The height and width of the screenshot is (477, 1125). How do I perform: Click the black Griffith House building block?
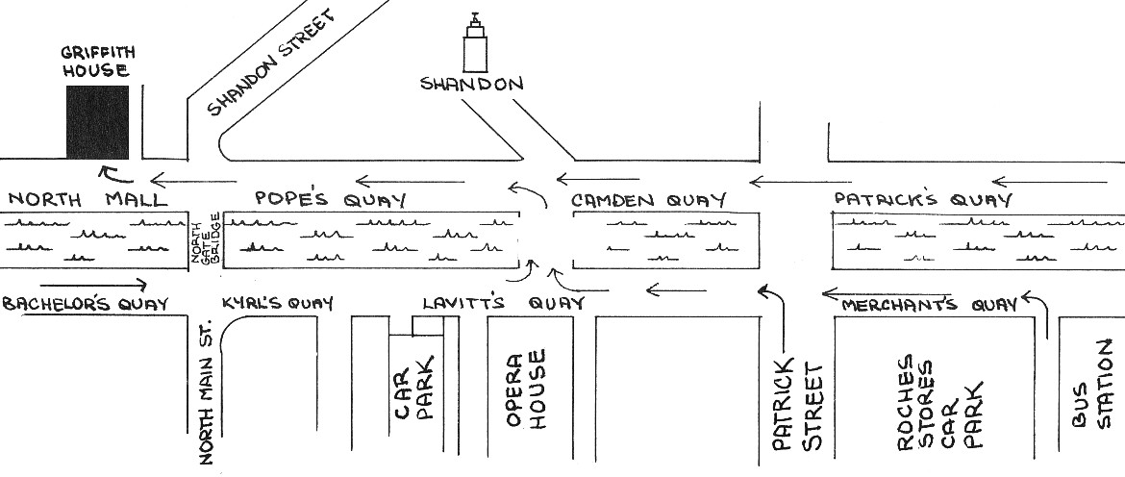click(x=97, y=122)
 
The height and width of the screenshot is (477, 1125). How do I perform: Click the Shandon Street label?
click(x=271, y=63)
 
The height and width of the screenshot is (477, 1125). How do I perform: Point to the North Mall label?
click(x=87, y=199)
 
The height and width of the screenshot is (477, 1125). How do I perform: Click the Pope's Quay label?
click(x=331, y=199)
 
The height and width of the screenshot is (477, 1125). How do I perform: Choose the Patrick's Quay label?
click(x=923, y=199)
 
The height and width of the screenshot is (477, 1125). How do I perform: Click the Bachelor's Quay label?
click(x=85, y=304)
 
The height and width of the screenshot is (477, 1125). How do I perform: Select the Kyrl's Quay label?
click(x=278, y=304)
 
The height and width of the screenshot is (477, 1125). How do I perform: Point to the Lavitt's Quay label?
click(x=503, y=304)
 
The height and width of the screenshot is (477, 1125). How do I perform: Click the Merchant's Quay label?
click(x=929, y=305)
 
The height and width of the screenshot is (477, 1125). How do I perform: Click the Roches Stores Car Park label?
click(x=938, y=402)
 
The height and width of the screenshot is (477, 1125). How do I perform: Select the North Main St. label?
click(x=209, y=391)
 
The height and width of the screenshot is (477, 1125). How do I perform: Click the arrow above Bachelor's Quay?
click(x=93, y=285)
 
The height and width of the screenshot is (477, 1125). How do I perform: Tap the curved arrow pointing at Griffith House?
click(x=115, y=174)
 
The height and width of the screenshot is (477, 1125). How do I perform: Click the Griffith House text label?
click(x=97, y=62)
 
